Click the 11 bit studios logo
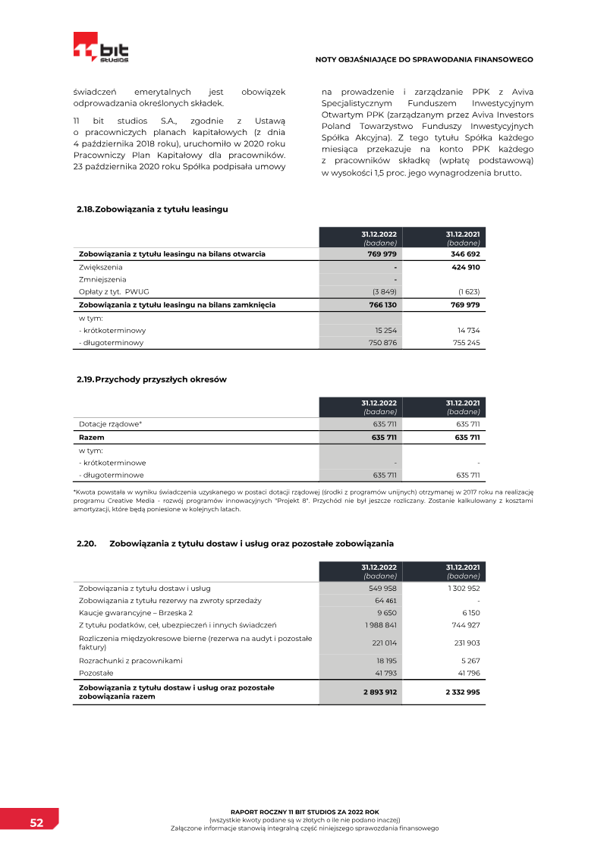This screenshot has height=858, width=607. click(x=101, y=48)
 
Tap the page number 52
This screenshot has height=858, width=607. click(x=36, y=823)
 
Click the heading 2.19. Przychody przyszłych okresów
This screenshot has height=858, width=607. click(x=152, y=379)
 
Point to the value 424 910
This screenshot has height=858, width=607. click(x=465, y=267)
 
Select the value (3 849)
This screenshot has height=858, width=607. click(x=384, y=291)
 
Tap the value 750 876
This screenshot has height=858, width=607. click(x=381, y=342)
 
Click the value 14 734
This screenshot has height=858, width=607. click(x=468, y=331)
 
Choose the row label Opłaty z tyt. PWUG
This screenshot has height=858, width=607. click(x=114, y=291)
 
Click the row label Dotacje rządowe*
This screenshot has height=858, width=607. click(x=111, y=424)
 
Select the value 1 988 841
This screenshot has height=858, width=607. click(x=381, y=625)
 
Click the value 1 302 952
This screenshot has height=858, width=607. click(x=463, y=588)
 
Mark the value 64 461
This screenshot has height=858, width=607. click(x=385, y=601)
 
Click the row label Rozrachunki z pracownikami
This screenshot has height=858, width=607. click(x=131, y=661)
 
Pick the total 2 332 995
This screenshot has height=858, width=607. click(x=462, y=692)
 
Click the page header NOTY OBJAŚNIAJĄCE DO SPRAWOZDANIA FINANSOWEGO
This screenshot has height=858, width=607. click(x=424, y=59)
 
